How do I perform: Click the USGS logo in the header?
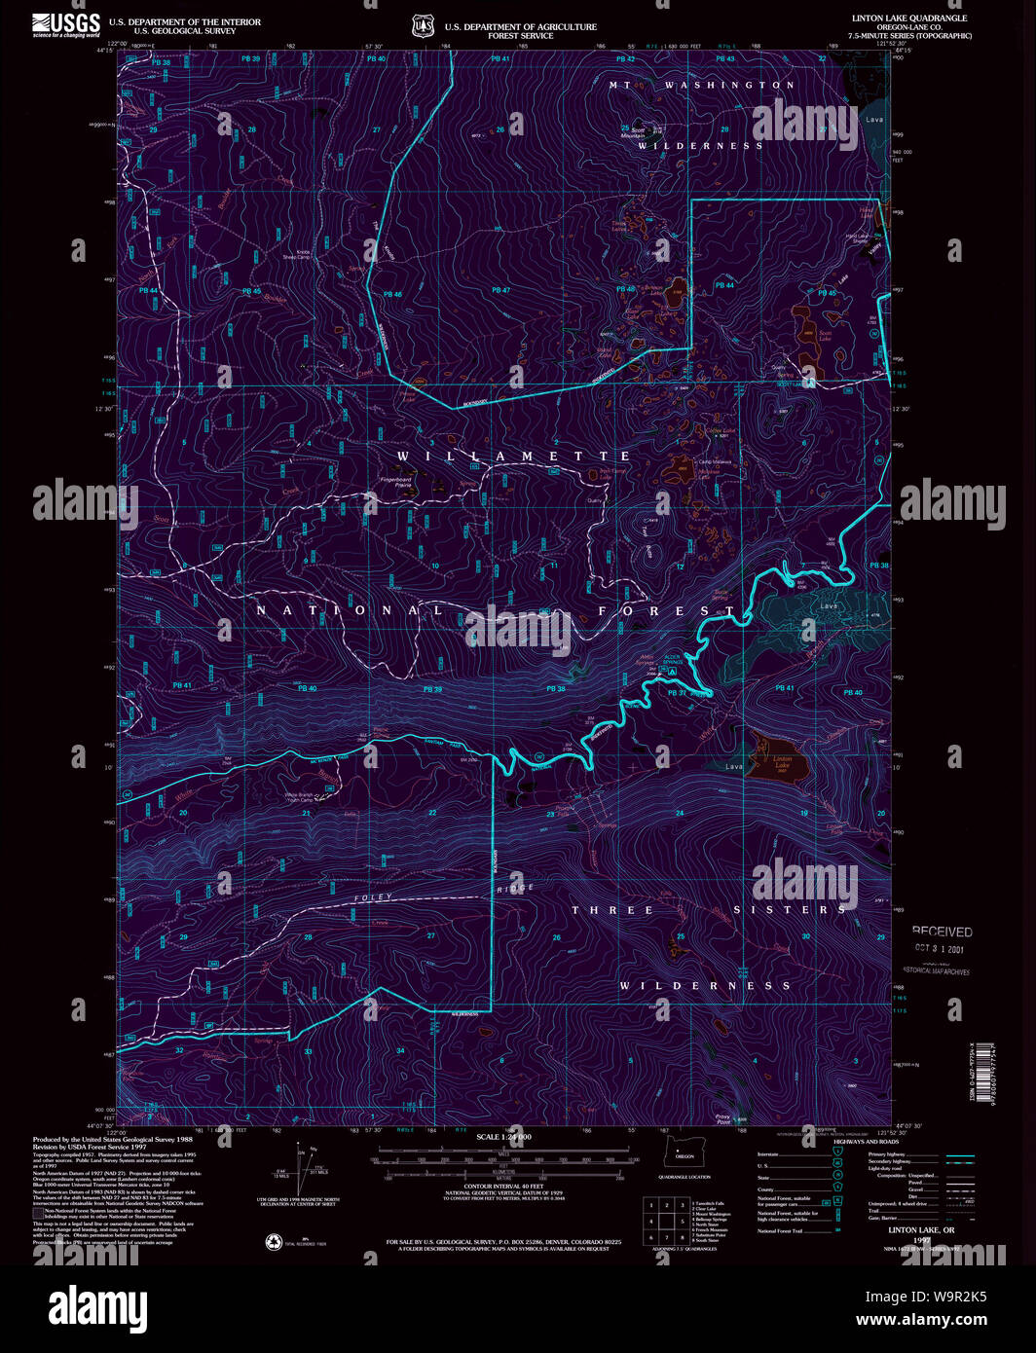[66, 24]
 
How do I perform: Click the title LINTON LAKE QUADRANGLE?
[896, 18]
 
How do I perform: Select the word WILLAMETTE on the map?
[514, 456]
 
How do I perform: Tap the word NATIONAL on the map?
[350, 610]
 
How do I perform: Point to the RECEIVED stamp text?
[942, 932]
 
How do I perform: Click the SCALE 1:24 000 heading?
[503, 1137]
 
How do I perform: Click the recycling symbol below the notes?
[275, 1242]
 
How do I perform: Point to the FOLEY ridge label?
[373, 896]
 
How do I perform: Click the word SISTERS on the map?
[790, 910]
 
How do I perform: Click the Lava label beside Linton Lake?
[734, 767]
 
